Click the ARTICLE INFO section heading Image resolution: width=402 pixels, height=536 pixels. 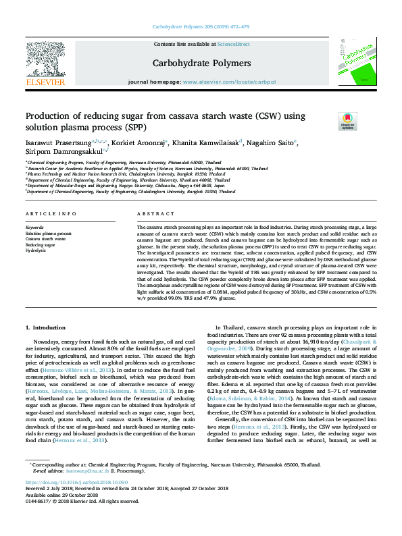tap(46, 213)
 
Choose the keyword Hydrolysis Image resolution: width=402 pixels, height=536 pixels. tap(36, 250)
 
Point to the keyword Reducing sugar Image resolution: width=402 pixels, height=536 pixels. tap(41, 244)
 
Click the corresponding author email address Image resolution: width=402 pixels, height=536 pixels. tap(85, 471)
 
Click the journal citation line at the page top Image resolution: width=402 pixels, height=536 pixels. tap(201, 28)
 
